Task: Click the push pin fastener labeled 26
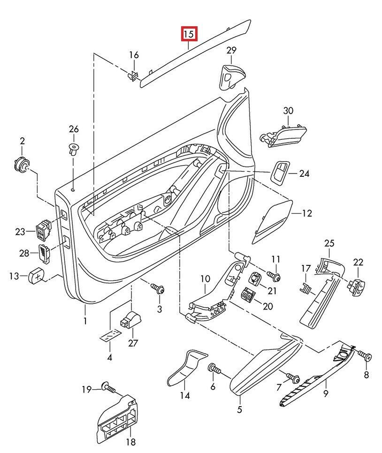click(x=73, y=150)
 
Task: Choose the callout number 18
click(x=130, y=442)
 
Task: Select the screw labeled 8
click(x=366, y=357)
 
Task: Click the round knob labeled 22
click(x=357, y=284)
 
